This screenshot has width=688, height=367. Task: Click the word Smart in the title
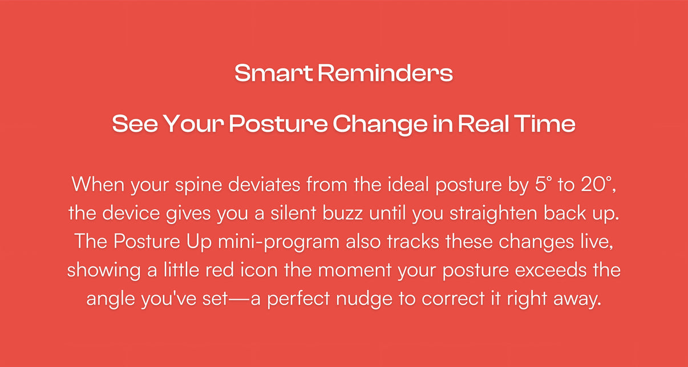coord(274,73)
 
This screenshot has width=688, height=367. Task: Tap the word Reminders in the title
coord(385,73)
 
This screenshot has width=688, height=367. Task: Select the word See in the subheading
coord(135,124)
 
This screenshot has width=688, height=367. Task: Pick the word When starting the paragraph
coord(98,185)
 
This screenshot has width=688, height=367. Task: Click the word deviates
coord(264,185)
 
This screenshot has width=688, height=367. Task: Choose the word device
coord(131,213)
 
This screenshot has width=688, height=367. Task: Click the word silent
coord(293,213)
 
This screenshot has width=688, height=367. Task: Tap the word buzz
coord(342,213)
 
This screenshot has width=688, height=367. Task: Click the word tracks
coord(413,242)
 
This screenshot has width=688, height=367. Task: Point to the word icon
coord(259,270)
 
